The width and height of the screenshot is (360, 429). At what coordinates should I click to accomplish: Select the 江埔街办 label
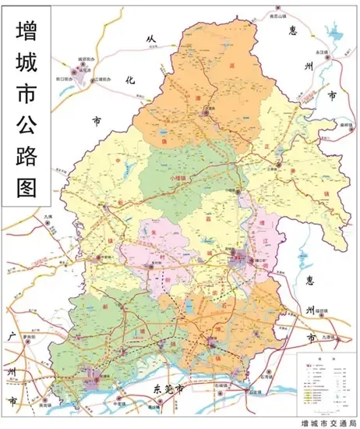click(104, 79)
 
